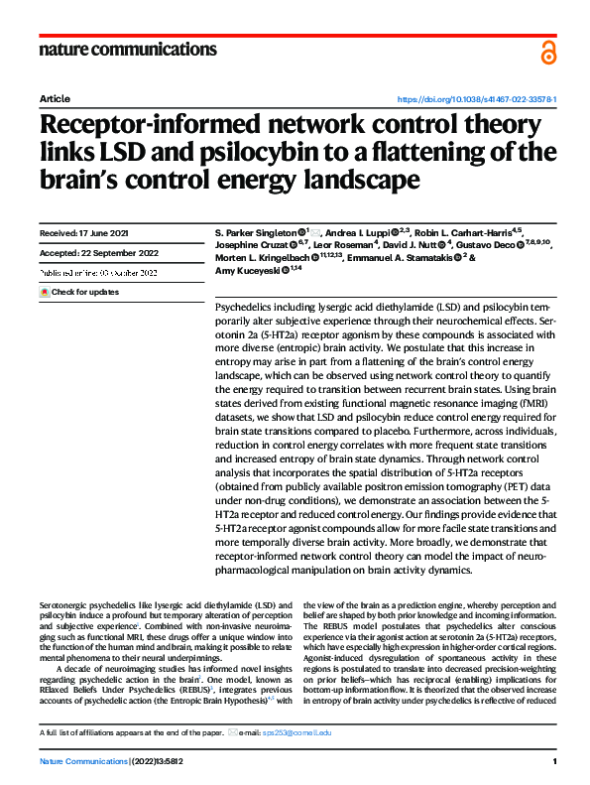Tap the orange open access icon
click(x=547, y=52)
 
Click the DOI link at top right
click(x=476, y=100)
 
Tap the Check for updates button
click(x=78, y=293)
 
